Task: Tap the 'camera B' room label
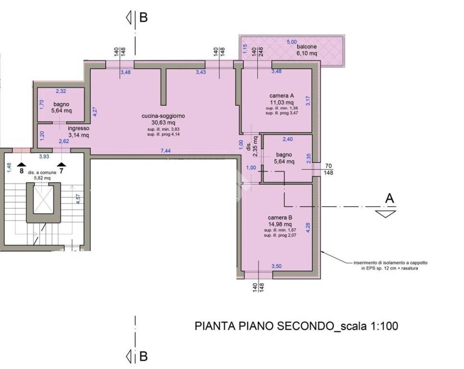click(280, 217)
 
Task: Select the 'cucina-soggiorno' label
click(163, 116)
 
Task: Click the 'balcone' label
click(306, 47)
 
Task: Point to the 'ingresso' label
click(78, 128)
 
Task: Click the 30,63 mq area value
click(163, 123)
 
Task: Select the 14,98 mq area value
click(280, 224)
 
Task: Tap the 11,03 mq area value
click(282, 102)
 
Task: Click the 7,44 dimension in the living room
click(165, 151)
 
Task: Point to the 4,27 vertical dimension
click(95, 111)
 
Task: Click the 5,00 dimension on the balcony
click(292, 42)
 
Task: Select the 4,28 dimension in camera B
click(308, 227)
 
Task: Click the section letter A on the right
click(390, 198)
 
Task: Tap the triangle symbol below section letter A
click(386, 214)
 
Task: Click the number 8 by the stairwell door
click(21, 170)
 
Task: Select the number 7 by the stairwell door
click(61, 170)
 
